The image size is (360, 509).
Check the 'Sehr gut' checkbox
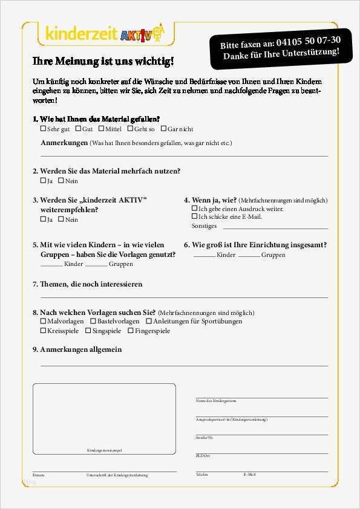coord(43,129)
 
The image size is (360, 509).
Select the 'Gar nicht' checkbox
coord(163,129)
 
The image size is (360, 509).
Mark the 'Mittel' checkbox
coord(101,129)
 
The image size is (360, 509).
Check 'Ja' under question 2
coord(43,181)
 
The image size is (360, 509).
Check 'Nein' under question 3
coord(61,219)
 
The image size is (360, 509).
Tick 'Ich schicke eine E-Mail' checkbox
coord(195,216)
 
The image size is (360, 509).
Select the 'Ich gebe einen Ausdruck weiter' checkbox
coord(195,209)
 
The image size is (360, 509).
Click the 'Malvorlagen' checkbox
coord(43,322)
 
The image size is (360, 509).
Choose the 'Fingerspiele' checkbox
coord(130,331)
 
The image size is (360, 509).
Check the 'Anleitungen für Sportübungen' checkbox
coord(149,322)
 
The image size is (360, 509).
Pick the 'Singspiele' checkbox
coord(88,331)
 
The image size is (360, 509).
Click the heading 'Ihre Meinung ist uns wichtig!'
coord(103,61)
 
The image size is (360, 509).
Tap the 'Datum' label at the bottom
coord(38,475)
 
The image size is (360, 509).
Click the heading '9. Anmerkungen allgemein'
coord(77,349)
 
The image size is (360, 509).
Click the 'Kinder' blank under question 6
coord(204,256)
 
